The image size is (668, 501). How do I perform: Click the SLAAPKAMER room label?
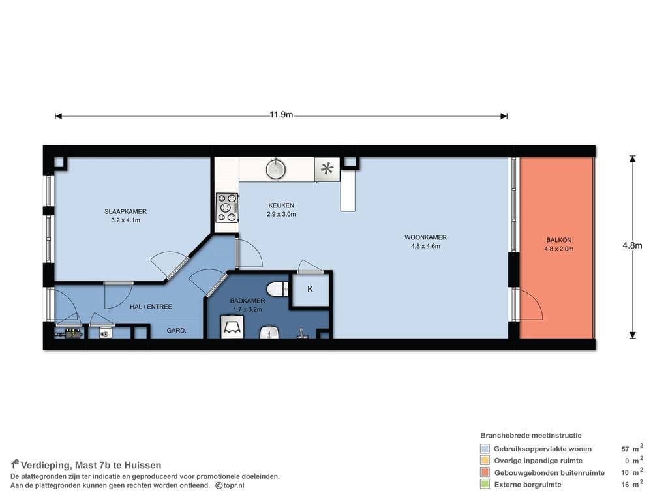pyautogui.click(x=125, y=211)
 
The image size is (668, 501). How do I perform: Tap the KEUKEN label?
pyautogui.click(x=281, y=205)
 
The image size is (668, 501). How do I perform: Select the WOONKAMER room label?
pyautogui.click(x=425, y=237)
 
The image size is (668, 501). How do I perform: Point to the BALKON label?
pyautogui.click(x=559, y=240)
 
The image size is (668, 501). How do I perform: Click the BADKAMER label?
pyautogui.click(x=247, y=301)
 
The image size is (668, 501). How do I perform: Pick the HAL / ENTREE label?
pyautogui.click(x=151, y=307)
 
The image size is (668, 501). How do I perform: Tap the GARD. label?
pyautogui.click(x=176, y=330)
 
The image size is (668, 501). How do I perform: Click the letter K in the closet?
pyautogui.click(x=310, y=289)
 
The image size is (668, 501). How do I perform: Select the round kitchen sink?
pyautogui.click(x=276, y=169)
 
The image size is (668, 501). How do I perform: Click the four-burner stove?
pyautogui.click(x=227, y=207)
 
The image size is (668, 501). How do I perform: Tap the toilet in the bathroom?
pyautogui.click(x=278, y=290)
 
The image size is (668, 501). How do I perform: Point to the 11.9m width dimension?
pyautogui.click(x=281, y=115)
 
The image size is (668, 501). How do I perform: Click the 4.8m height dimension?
pyautogui.click(x=632, y=245)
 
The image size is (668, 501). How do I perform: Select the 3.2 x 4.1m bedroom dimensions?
pyautogui.click(x=125, y=220)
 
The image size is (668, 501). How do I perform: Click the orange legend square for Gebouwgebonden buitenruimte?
pyautogui.click(x=485, y=472)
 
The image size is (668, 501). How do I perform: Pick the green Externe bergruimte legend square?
pyautogui.click(x=485, y=484)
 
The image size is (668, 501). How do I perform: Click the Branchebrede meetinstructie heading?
pyautogui.click(x=531, y=435)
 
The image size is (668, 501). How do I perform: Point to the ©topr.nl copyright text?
pyautogui.click(x=230, y=485)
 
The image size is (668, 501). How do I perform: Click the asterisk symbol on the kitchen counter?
pyautogui.click(x=327, y=169)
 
